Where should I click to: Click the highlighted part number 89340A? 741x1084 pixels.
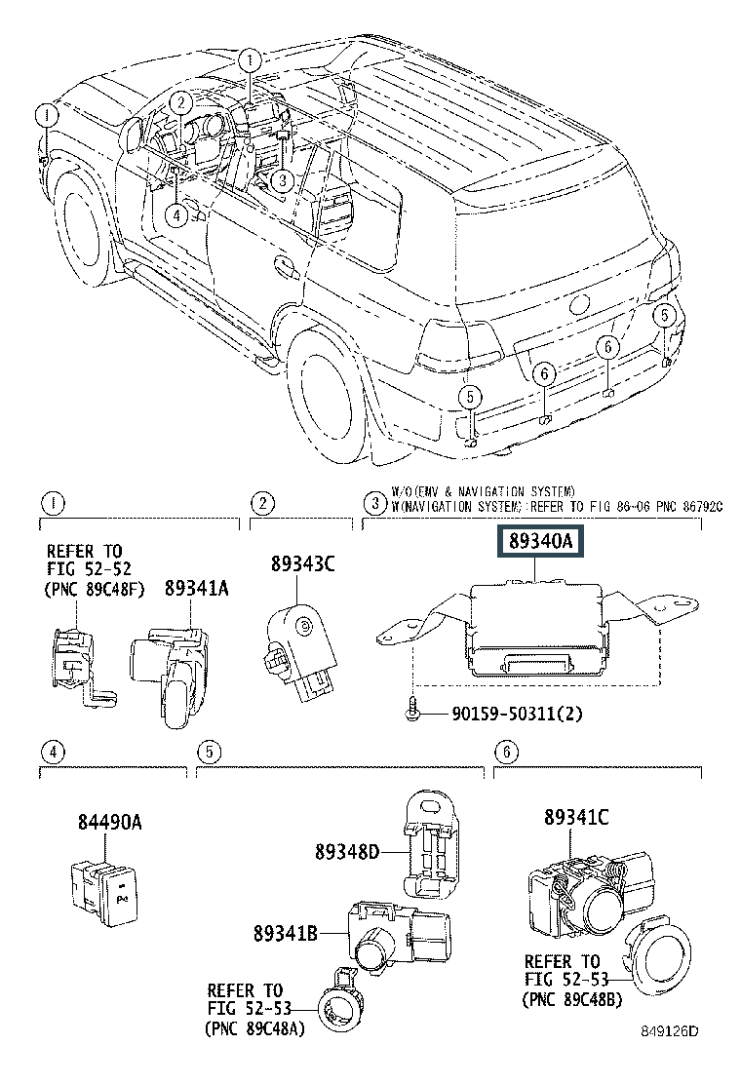(540, 541)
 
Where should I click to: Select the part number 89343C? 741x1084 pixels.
(302, 564)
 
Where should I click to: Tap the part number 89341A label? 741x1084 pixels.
(196, 588)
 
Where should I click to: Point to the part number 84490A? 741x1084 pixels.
(109, 822)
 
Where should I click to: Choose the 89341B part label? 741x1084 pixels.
(285, 934)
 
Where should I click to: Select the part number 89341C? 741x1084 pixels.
(576, 817)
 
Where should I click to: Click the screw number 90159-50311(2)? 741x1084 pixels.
(517, 713)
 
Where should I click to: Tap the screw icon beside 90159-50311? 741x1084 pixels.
(413, 710)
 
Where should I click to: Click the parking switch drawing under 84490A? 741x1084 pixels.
(105, 892)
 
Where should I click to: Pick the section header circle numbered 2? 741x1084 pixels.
(262, 503)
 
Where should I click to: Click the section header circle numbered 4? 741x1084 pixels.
(53, 753)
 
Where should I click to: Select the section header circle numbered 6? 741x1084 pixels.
(506, 753)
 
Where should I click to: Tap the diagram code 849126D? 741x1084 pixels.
(669, 1031)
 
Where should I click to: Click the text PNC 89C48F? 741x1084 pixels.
(94, 589)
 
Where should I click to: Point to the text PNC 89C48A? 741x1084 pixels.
(255, 1028)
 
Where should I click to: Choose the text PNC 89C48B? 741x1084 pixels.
(573, 999)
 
